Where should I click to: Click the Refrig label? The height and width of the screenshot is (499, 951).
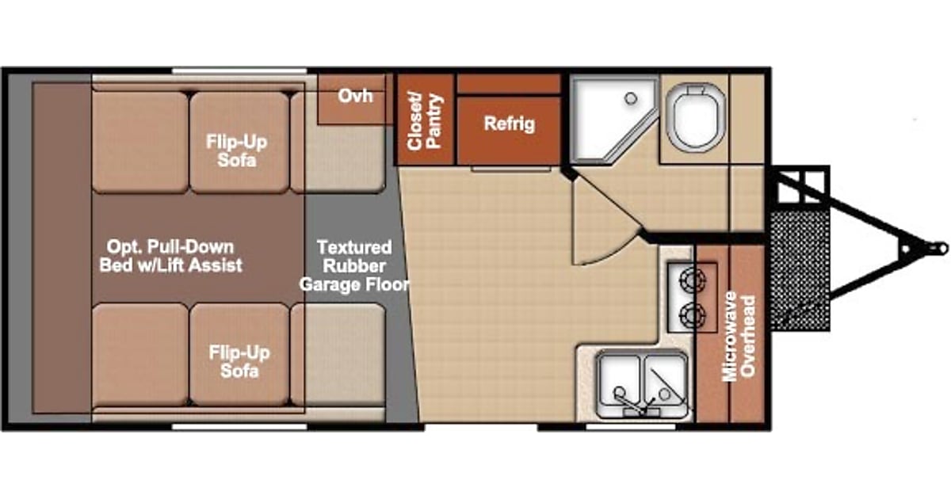509,124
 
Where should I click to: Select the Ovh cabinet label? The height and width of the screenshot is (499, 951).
356,96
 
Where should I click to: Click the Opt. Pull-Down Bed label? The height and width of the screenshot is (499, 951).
171,255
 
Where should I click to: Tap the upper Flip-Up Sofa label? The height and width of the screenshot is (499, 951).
236,150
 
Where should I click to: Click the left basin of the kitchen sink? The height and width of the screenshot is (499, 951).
620,383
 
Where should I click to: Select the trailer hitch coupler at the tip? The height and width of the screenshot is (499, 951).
938,248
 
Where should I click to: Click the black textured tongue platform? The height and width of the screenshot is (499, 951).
800,269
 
